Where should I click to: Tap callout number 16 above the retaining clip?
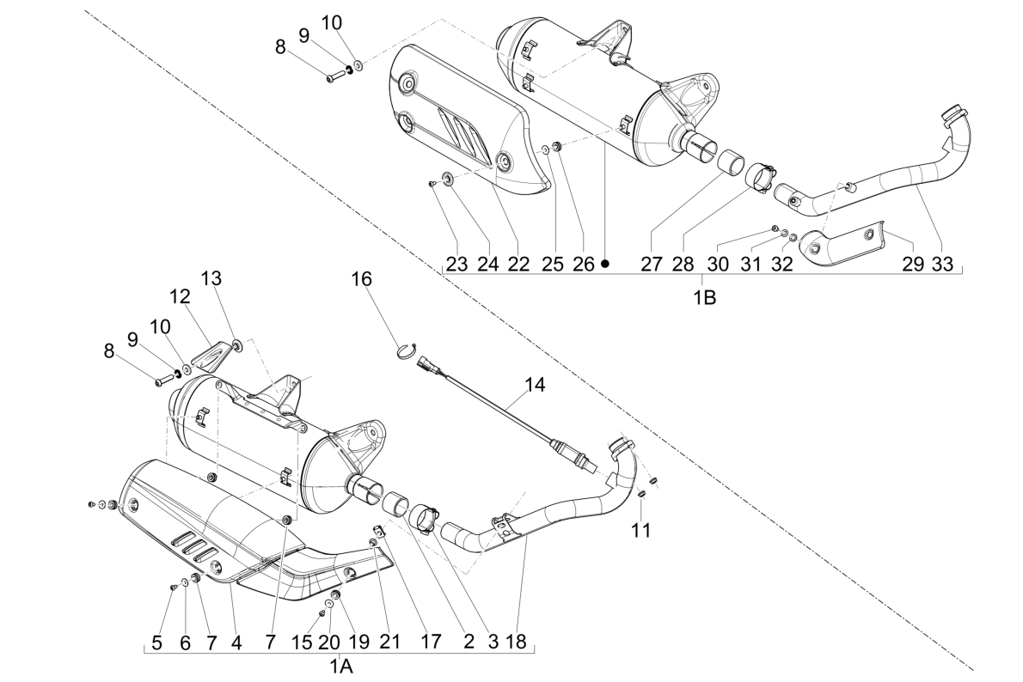(x=362, y=278)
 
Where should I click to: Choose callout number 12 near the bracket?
(x=179, y=297)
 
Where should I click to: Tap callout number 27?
(x=652, y=265)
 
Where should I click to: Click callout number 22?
(x=518, y=265)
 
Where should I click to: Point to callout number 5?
(x=156, y=641)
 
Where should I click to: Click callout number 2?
(x=469, y=641)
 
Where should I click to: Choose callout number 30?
(x=719, y=265)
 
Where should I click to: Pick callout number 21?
(x=390, y=641)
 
